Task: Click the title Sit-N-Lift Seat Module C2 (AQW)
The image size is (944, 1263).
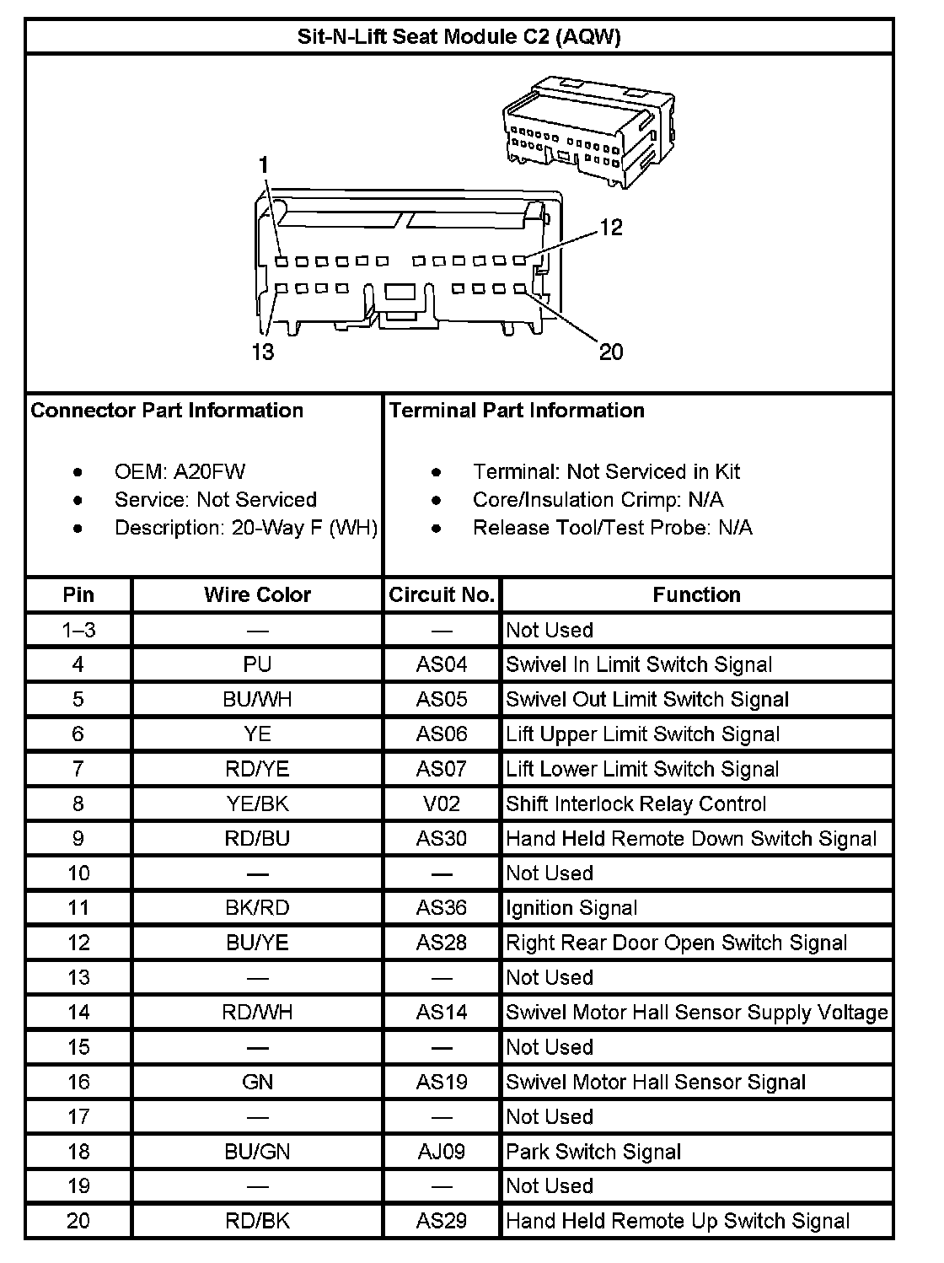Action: coord(459,37)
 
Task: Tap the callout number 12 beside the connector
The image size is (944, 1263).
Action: coord(611,227)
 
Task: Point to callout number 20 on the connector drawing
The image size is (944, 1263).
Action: coord(611,351)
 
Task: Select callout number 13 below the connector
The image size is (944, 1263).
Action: coord(263,351)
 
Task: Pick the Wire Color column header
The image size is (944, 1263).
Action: coord(257,594)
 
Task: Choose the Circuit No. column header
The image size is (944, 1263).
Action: coord(442,594)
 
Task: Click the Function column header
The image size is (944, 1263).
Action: coord(696,594)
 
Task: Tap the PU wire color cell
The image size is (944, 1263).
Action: coord(257,664)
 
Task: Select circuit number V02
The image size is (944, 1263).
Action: coord(442,803)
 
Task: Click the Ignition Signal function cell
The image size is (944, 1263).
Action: coord(571,908)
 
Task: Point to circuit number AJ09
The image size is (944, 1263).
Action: coord(442,1152)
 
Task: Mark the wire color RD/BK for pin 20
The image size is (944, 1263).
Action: coord(257,1221)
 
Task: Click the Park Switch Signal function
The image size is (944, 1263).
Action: coord(593,1152)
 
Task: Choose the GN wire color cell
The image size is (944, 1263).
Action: coord(257,1082)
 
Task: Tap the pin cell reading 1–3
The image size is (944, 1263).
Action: coord(78,630)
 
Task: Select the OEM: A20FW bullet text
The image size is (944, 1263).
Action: coord(180,471)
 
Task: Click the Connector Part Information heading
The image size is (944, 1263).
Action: coord(167,411)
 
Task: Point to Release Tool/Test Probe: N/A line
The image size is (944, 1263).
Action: coord(612,528)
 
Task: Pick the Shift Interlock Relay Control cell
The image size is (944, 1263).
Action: coord(636,803)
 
